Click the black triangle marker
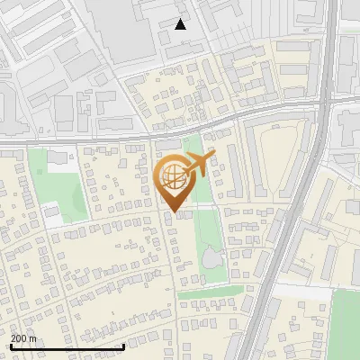181,24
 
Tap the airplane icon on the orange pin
200,163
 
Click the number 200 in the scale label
20,338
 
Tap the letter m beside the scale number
33,338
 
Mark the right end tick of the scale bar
123,346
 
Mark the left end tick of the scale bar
11,346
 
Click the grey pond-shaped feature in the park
211,259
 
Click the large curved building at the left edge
4,99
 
